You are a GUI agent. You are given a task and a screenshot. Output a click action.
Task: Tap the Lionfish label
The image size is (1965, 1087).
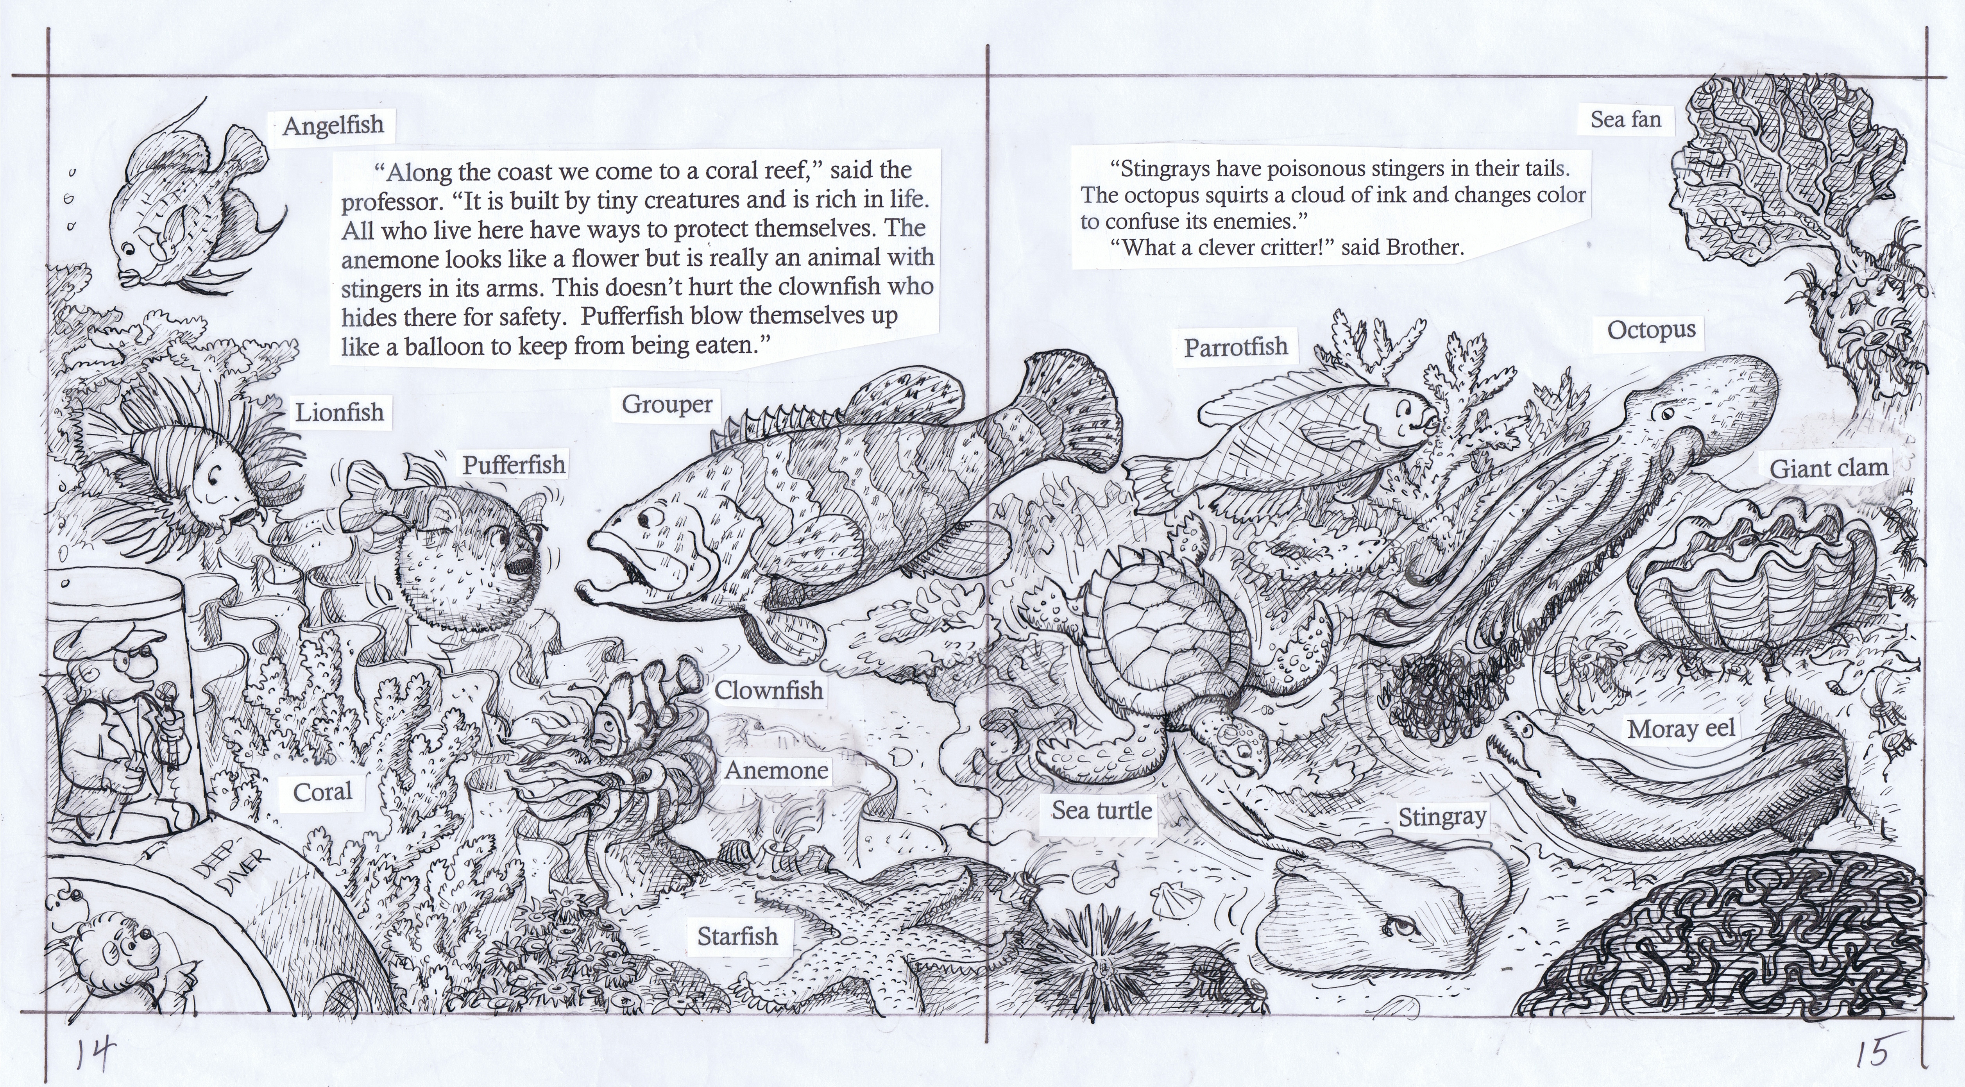(340, 413)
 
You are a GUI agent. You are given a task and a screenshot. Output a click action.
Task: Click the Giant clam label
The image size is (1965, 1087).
(1829, 468)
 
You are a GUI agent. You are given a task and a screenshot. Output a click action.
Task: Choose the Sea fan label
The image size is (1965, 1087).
(1625, 120)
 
